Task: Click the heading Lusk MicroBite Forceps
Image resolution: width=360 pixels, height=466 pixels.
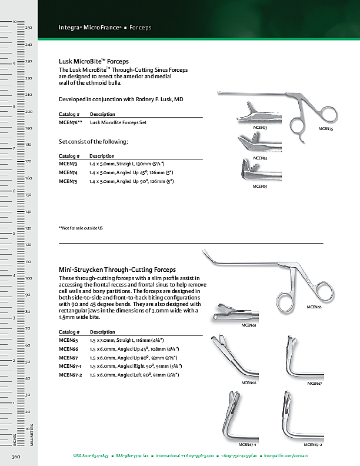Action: [x=94, y=61]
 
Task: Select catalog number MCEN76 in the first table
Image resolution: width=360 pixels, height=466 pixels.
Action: [x=70, y=122]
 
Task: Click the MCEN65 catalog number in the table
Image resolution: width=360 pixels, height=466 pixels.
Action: [x=68, y=341]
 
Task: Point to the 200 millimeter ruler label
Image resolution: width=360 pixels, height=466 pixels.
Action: [x=28, y=111]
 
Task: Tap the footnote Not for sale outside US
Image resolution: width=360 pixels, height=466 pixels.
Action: [x=81, y=228]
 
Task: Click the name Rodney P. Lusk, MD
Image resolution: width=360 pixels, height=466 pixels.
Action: [x=159, y=101]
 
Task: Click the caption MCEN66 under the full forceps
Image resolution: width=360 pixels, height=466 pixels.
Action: [x=314, y=307]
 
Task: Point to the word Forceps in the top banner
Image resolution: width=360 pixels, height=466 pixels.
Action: [x=140, y=28]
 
